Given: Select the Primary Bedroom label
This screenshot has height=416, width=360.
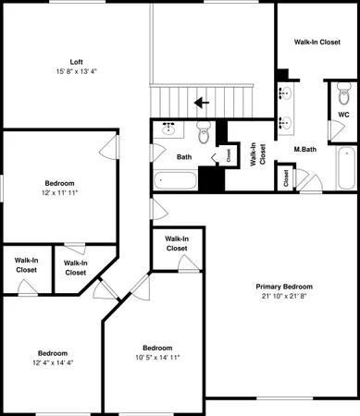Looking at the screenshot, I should click(x=284, y=287).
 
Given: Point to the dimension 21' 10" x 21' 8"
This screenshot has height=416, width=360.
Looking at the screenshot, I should click(x=284, y=297).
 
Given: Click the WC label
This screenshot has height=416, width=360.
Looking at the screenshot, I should click(x=343, y=115).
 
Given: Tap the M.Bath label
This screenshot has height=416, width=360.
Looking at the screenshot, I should click(x=306, y=149).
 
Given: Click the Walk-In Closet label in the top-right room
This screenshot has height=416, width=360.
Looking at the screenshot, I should click(x=317, y=43).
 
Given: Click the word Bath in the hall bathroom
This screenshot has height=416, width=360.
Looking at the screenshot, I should click(x=185, y=156).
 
